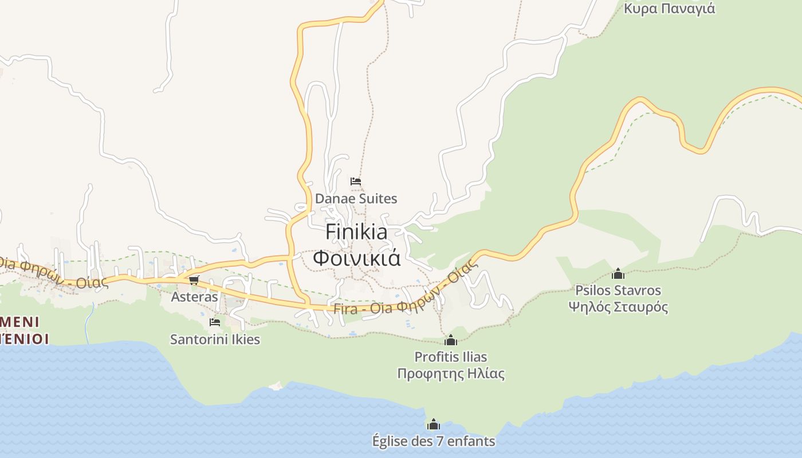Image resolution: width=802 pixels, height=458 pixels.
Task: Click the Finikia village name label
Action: [x=356, y=232]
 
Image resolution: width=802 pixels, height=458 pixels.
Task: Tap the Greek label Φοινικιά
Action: [x=356, y=258]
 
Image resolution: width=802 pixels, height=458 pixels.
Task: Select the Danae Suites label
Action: [x=356, y=199]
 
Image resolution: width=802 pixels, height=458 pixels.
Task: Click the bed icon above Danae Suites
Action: [x=356, y=181]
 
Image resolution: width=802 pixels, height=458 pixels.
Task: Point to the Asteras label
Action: [x=195, y=297]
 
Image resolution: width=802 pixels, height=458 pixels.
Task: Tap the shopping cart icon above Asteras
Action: [x=194, y=280]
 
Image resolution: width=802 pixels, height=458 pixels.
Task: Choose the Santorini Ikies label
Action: [x=215, y=339]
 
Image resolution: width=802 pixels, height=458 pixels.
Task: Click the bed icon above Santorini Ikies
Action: [x=215, y=322]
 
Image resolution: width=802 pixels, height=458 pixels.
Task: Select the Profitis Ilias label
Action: [x=451, y=357]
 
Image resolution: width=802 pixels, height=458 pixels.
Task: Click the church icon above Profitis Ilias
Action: [x=451, y=340]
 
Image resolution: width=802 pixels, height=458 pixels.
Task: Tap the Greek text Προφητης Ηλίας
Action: [x=451, y=374]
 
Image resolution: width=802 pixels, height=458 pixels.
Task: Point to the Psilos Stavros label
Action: [x=618, y=290]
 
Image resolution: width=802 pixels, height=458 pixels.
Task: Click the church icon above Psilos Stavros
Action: [x=618, y=274]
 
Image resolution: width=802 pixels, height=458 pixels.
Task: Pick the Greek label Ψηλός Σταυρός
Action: [x=618, y=307]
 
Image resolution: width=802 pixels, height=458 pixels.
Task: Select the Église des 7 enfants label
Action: [x=434, y=441]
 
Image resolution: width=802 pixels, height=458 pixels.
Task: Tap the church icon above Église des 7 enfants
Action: [x=434, y=424]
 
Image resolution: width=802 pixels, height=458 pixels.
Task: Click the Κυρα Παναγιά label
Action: [x=669, y=9]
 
